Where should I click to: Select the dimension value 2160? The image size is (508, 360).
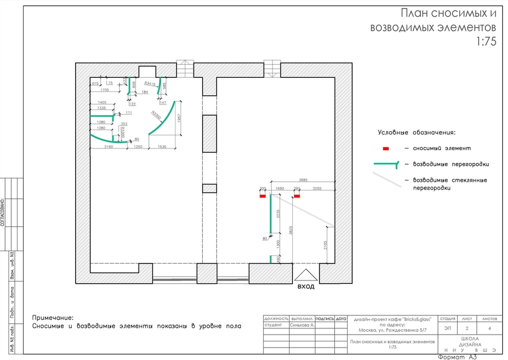[x=109, y=147]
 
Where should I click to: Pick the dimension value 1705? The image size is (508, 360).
[x=104, y=90]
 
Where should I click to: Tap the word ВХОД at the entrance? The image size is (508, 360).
[x=306, y=287]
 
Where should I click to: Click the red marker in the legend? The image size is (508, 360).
[x=386, y=148]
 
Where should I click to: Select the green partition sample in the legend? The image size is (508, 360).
[x=386, y=164]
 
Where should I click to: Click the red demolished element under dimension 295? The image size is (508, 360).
[x=297, y=196]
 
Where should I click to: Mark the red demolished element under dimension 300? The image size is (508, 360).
[x=262, y=196]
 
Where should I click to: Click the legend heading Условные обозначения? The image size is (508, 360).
[x=416, y=133]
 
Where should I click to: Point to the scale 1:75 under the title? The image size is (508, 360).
[x=486, y=42]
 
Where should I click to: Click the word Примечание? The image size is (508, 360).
[x=53, y=318]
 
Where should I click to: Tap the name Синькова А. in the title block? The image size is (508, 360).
[x=303, y=326]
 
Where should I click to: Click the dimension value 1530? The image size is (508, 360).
[x=163, y=147]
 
